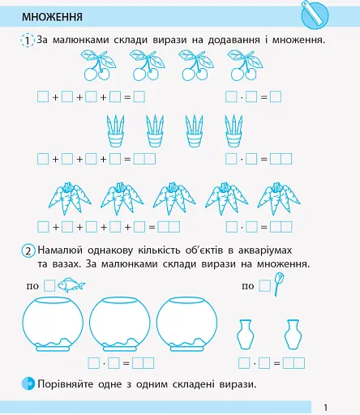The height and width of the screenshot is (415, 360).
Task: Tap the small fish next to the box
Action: [x=71, y=285]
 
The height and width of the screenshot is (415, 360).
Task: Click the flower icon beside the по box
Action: [x=281, y=283]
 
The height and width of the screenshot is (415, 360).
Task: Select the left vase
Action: [x=247, y=334]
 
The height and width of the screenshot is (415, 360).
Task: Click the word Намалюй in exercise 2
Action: [x=63, y=251]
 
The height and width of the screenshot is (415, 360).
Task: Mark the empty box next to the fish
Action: [x=49, y=285]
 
